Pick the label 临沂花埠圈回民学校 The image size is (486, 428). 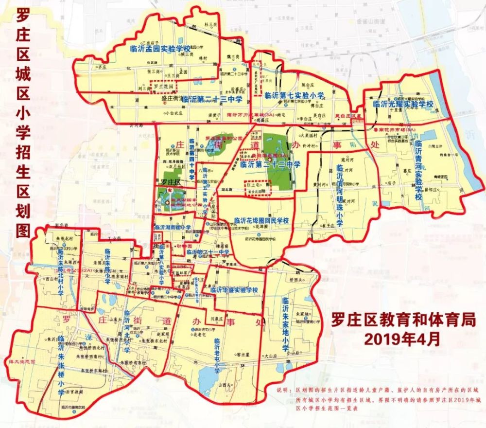[261, 221]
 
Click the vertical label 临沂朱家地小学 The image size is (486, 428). [285, 323]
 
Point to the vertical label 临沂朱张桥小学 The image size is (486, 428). [62, 364]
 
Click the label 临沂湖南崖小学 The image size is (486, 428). [173, 227]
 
